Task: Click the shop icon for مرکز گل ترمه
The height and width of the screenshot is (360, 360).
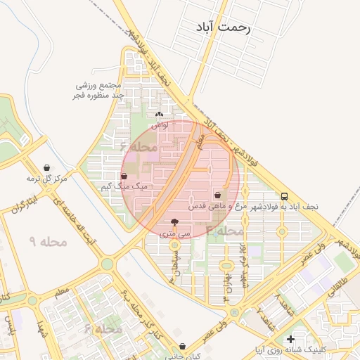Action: pos(46,168)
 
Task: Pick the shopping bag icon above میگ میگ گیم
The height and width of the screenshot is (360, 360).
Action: pos(124,176)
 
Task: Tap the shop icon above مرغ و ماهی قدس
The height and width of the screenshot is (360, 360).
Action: pos(217,195)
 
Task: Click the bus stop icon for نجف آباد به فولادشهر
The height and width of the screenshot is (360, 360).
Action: pos(285,196)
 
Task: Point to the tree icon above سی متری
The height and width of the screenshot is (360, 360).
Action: pos(174,221)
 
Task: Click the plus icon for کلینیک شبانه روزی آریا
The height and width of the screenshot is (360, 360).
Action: pos(290,339)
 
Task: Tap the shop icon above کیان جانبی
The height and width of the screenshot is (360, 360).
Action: pos(183,346)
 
